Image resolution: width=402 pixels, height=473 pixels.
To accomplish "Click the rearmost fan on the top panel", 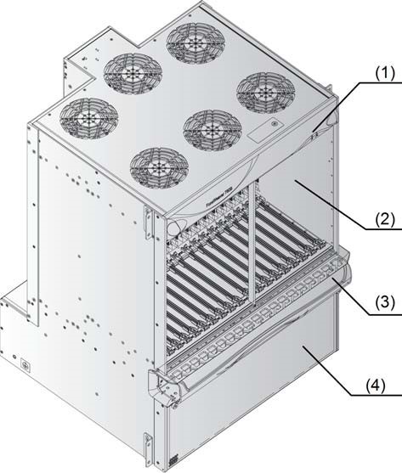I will [x=192, y=39].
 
